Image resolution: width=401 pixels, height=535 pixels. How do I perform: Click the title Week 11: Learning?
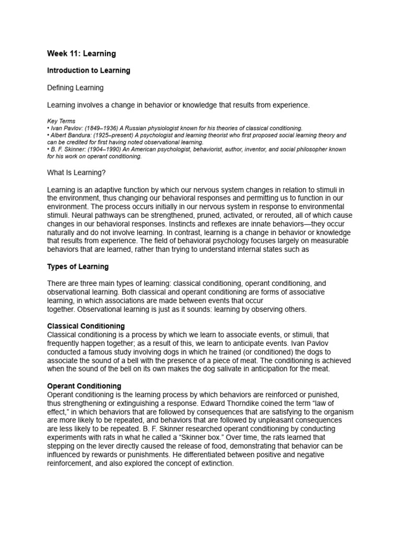[x=81, y=53]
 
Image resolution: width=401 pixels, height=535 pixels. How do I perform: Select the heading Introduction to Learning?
[x=88, y=70]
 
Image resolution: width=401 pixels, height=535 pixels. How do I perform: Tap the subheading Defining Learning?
[x=75, y=88]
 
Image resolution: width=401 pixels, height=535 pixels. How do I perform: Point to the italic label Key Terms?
[x=61, y=121]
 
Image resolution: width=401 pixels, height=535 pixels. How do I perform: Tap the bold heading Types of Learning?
[x=78, y=266]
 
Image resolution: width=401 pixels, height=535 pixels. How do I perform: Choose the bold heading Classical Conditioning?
[x=86, y=326]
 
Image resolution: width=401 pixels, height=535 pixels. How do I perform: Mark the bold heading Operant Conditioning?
[x=84, y=386]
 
